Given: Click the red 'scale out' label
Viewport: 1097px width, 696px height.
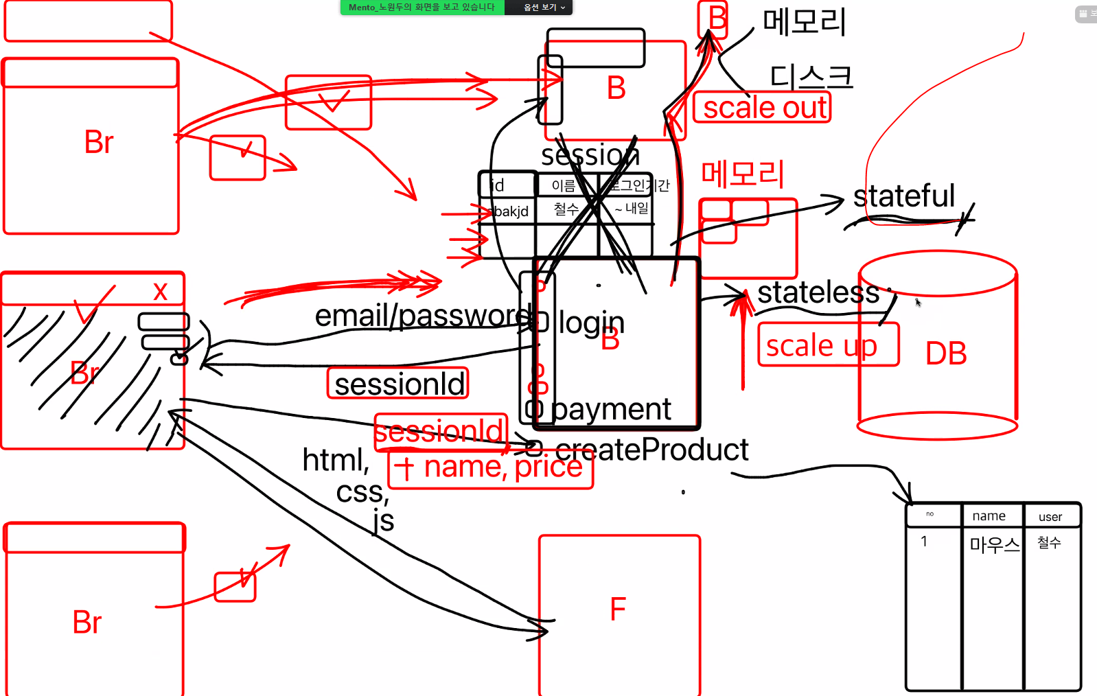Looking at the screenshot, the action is coord(763,108).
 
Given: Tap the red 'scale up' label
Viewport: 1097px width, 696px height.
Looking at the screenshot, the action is coord(822,345).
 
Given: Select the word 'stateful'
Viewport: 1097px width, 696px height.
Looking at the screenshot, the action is coord(903,196).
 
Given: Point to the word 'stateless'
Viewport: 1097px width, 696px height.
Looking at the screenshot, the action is coord(818,293).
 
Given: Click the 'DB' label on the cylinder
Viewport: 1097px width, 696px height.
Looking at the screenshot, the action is coord(945,353).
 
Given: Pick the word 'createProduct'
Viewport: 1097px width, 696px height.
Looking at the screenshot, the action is coord(651,450).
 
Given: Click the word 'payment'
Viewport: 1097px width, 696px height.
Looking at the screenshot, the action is coord(611,410).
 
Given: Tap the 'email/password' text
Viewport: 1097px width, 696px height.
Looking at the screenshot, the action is coord(422,316).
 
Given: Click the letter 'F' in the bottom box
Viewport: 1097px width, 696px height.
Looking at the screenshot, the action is coord(618,609).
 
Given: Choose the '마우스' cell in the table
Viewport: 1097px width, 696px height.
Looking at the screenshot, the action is coord(993,545).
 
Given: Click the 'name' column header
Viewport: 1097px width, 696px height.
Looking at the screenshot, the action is coord(989,516).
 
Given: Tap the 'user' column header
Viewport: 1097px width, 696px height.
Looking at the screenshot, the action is coord(1050,517).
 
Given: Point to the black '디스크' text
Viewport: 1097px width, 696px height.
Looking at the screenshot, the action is coord(811,76).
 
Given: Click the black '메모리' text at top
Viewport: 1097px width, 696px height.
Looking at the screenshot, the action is coord(804,22).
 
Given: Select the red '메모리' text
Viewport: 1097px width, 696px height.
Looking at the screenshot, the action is coord(742,174).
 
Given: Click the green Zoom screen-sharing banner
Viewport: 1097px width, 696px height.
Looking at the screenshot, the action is coord(422,8).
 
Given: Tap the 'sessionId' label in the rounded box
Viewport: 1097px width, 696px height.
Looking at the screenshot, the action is coord(399,384).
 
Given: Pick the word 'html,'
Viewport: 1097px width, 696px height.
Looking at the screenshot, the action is coord(336,460).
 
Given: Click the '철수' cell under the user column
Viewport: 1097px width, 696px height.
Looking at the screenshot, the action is coord(1048,543).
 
